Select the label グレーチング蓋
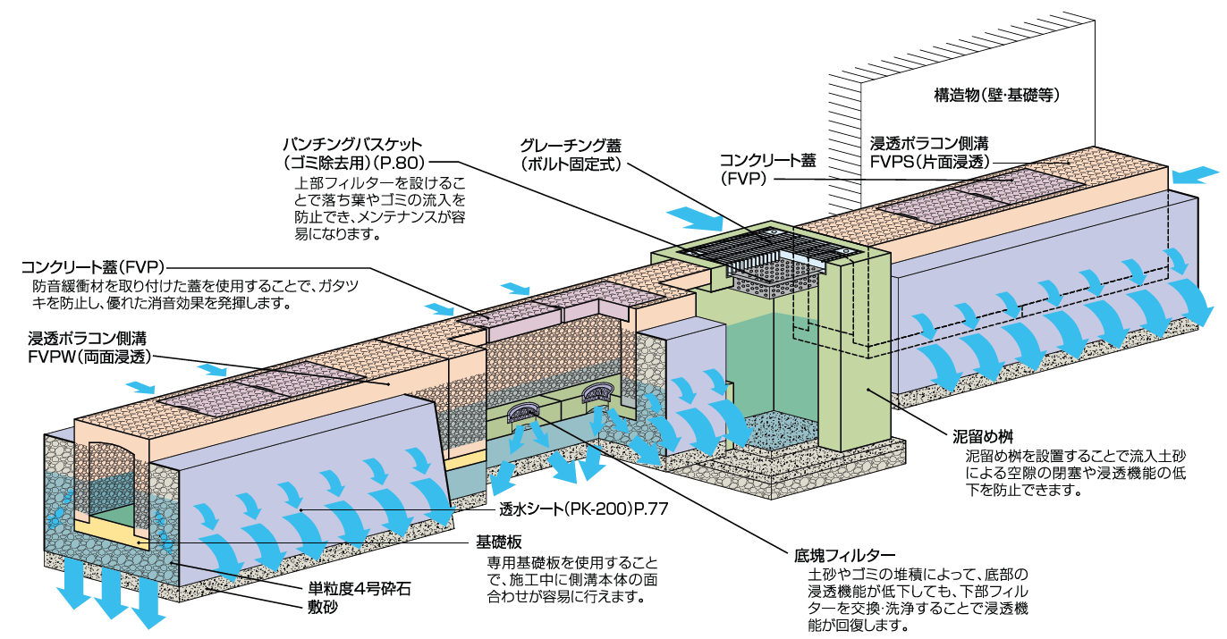(x=570, y=145)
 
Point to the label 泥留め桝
(x=981, y=438)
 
